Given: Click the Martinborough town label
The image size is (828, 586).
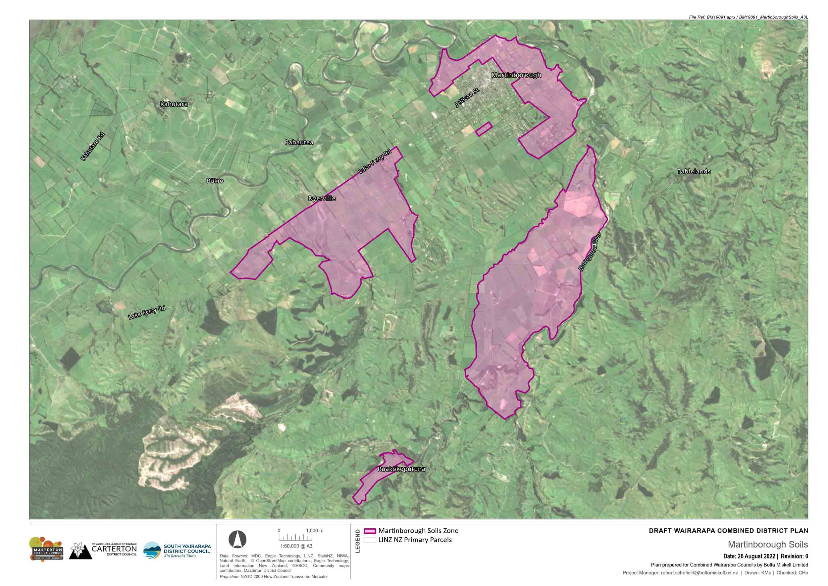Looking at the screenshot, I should point(516,75).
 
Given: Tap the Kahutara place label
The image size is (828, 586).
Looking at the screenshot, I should point(174,104).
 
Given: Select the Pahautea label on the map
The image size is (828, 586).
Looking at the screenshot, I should point(299,142).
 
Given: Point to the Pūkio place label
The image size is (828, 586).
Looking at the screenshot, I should point(215,180).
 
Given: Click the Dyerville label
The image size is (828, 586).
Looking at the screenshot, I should point(322,199).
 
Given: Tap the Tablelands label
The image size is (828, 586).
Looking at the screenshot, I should point(694,171).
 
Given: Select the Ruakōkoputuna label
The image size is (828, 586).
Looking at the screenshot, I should point(401,469).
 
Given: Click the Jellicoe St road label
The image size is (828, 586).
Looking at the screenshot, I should point(467,97).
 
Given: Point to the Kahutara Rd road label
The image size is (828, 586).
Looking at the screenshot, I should point(92,146).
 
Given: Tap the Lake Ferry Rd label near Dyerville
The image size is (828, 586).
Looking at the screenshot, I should point(375,162).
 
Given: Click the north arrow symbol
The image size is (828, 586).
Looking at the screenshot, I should point(237,540).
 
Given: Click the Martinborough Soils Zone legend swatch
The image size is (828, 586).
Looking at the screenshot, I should point(370,531).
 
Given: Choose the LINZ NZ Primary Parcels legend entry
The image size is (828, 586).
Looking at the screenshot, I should point(415,540).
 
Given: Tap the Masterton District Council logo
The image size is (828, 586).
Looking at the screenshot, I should point(46,549).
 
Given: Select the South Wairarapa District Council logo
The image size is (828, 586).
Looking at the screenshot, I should point(177,550).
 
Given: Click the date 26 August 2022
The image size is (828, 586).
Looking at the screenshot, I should point(749,556).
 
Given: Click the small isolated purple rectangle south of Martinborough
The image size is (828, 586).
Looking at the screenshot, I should point(484,129).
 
